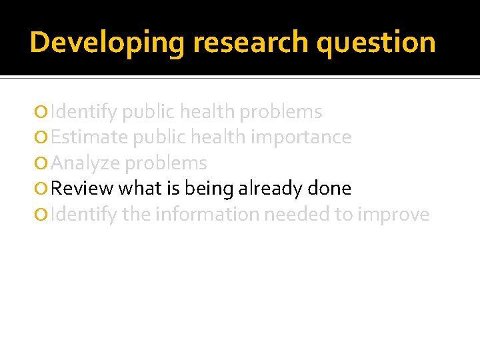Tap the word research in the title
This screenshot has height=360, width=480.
coord(251,42)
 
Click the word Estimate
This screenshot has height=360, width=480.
coord(90,137)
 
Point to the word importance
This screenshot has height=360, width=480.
coord(307,137)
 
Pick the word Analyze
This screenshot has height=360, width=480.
coord(86,163)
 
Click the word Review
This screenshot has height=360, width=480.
coord(82,189)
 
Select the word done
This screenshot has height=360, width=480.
coord(329,189)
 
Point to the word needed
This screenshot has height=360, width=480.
coord(297,215)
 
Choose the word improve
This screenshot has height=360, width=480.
coord(393,215)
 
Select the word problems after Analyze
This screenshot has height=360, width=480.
coord(166,163)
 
